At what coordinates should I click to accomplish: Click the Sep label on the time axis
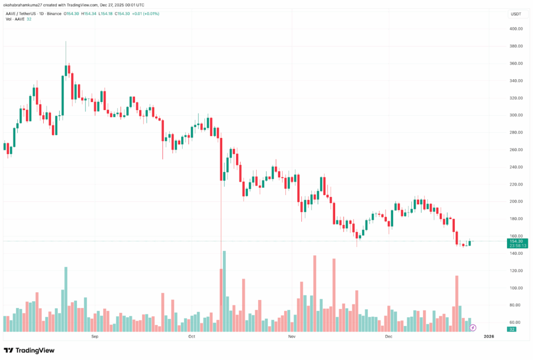pos(95,337)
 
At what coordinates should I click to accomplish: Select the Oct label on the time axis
pos(192,337)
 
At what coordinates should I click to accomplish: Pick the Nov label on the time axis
pos(291,337)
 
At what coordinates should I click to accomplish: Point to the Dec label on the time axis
pos(388,337)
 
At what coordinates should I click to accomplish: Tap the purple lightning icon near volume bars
pos(473,328)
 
